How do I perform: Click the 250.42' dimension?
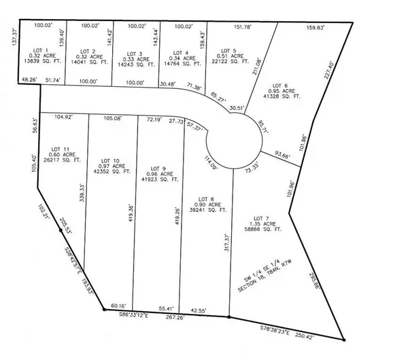pos(321,336)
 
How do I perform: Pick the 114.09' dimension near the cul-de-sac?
pos(210,163)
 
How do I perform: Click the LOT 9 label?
pos(158,168)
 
